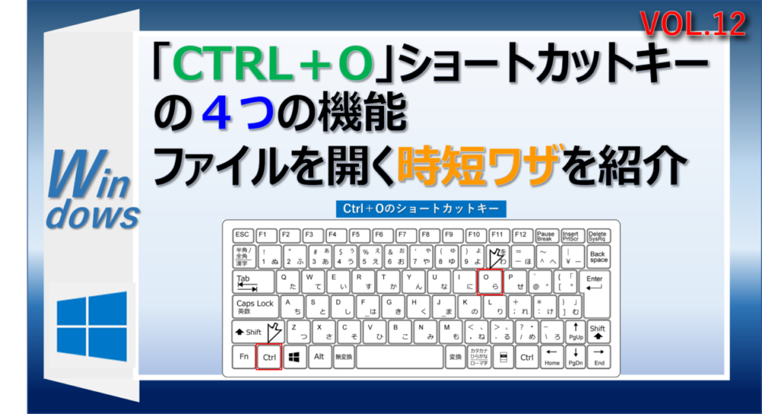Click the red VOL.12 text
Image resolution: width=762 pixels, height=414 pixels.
click(693, 24)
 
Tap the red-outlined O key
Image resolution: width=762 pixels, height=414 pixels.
click(489, 282)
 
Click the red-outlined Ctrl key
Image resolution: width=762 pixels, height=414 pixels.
click(269, 357)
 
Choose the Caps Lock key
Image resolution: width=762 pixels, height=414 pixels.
click(255, 307)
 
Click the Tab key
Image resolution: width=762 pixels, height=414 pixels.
click(245, 282)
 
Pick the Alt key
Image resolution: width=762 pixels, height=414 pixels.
click(319, 357)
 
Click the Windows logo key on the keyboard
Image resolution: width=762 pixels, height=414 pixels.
click(294, 357)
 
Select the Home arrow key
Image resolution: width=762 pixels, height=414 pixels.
click(552, 357)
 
